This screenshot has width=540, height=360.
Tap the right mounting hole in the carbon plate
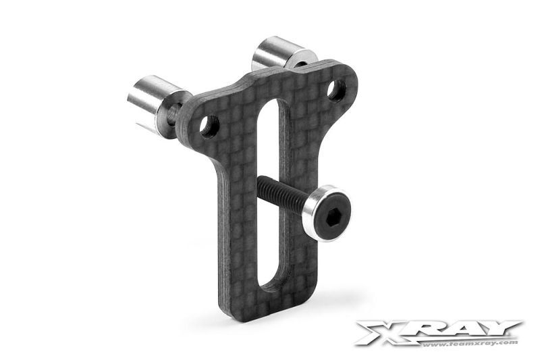(x=335, y=89)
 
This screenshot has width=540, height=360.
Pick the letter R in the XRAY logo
(x=423, y=330)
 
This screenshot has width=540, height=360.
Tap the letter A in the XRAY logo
(x=462, y=330)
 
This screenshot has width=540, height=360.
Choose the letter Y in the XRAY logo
(x=500, y=329)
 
